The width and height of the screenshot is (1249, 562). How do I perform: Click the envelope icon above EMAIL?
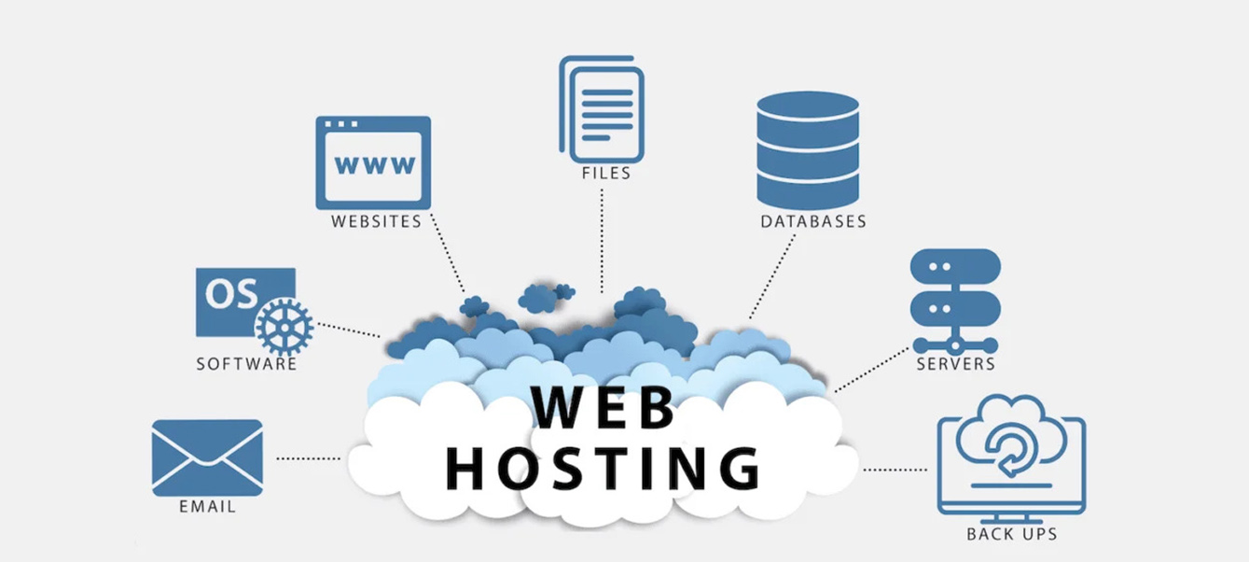pos(207,457)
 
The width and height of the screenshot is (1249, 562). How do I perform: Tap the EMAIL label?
pos(207,507)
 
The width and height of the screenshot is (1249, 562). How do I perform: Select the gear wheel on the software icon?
pos(284,327)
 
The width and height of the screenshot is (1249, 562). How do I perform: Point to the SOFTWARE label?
pos(246,363)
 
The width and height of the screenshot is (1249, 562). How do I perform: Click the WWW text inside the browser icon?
pos(375,165)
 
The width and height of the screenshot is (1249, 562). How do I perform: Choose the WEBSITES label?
pos(376,222)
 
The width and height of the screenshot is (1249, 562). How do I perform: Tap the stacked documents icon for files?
pos(602,106)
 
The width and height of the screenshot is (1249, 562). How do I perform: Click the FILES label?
pos(605,173)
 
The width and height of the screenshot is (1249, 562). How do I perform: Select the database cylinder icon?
pos(807,149)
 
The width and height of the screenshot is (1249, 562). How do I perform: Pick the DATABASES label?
pos(813,222)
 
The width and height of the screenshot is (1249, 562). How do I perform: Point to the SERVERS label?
pos(955,363)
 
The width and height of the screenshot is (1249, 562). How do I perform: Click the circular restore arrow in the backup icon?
pos(1009,450)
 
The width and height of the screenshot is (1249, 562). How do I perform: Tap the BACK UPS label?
pos(1011,534)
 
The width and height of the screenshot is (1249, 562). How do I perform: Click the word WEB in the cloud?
pos(604,408)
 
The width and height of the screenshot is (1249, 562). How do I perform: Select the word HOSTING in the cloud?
pos(603,468)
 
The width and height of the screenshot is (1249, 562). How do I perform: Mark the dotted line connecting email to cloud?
pos(309,458)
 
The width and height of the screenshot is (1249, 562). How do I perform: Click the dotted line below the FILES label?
pos(602,238)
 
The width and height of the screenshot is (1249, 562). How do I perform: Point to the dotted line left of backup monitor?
pos(895,470)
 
